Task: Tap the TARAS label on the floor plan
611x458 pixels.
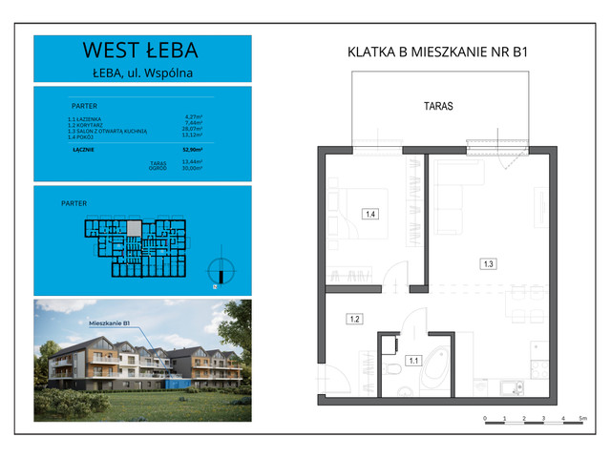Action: (438, 108)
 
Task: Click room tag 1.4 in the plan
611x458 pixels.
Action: (369, 215)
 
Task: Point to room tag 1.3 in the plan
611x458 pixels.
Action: (488, 262)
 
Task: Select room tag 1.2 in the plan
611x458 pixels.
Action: (352, 319)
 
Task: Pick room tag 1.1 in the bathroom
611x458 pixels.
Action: (413, 361)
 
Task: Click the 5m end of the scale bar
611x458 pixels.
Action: (581, 419)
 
